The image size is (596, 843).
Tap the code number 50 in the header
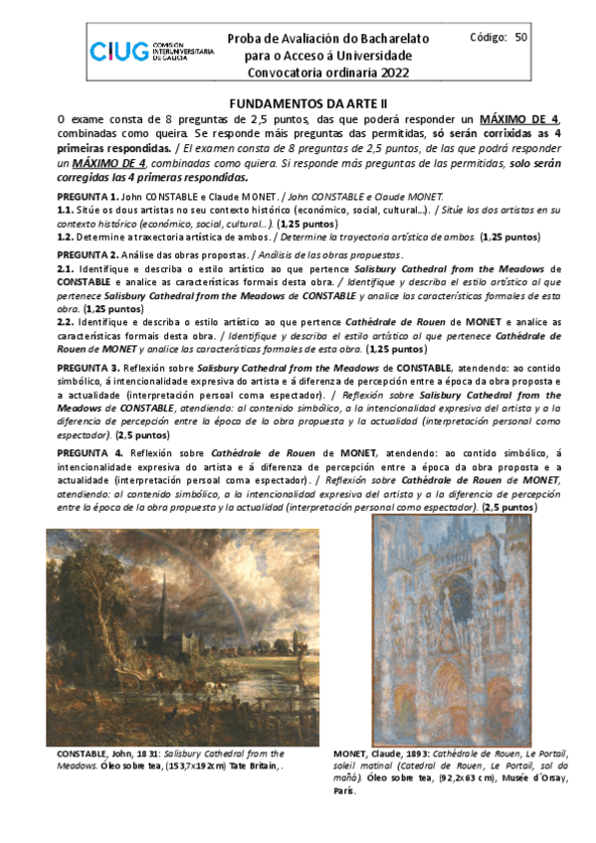click(521, 38)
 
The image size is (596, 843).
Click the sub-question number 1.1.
click(65, 211)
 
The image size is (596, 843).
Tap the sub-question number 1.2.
click(65, 239)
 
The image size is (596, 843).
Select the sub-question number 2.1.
click(65, 268)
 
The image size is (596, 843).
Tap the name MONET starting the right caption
click(353, 755)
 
